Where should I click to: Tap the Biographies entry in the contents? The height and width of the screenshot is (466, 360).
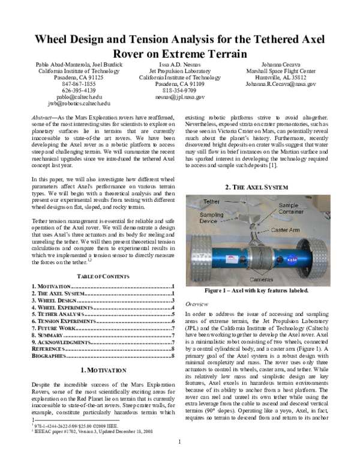[x=50, y=356]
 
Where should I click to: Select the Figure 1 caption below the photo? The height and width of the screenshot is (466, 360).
[x=256, y=291]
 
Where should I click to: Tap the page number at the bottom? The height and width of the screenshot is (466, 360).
[x=180, y=459]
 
